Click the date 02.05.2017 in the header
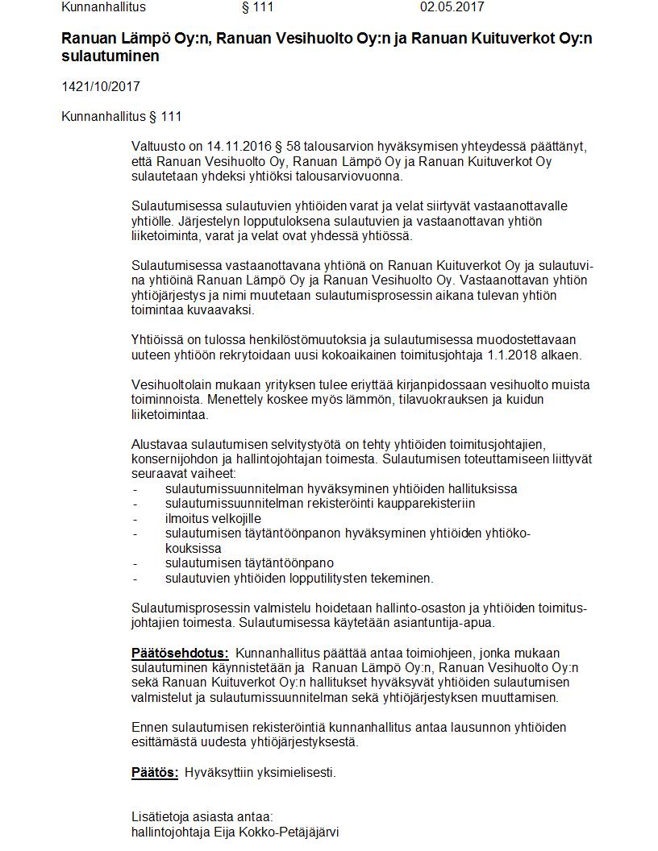(x=452, y=7)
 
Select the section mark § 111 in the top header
(x=257, y=7)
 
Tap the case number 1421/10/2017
(x=94, y=86)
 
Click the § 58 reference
(x=283, y=147)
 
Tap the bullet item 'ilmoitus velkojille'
(x=213, y=518)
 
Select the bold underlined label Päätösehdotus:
(x=180, y=653)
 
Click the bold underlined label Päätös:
(x=155, y=772)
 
